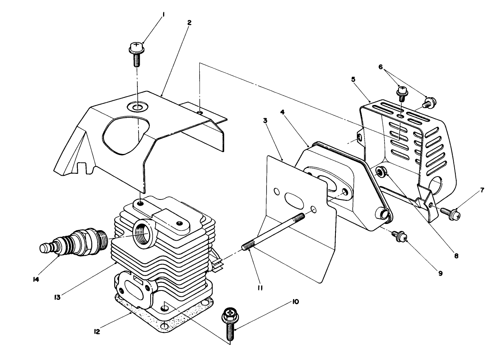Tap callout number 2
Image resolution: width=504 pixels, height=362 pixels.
pyautogui.click(x=189, y=23)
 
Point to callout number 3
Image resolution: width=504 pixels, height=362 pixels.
pyautogui.click(x=265, y=121)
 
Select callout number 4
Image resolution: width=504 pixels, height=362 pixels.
pyautogui.click(x=282, y=112)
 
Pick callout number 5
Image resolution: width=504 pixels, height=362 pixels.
pyautogui.click(x=353, y=79)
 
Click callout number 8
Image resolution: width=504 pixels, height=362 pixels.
pyautogui.click(x=456, y=256)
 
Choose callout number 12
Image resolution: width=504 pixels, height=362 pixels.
pyautogui.click(x=97, y=332)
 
